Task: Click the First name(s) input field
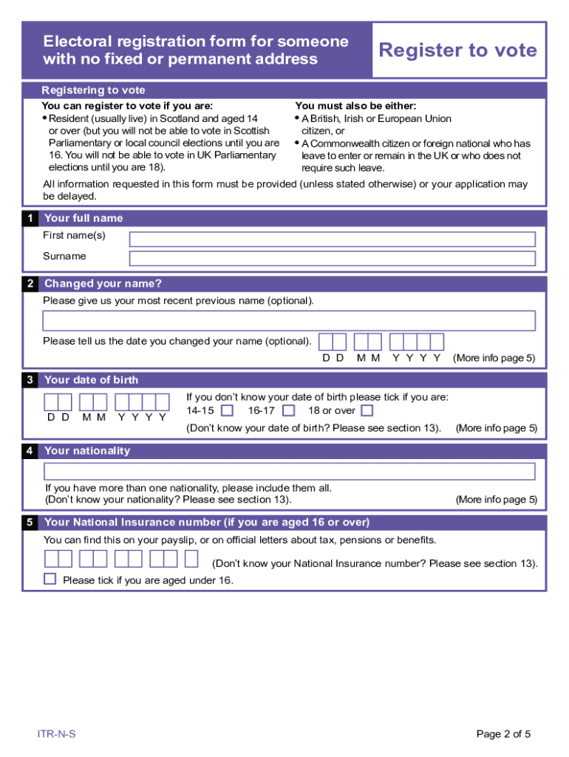[332, 240]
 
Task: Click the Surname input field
[332, 258]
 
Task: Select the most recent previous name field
[289, 321]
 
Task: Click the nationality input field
[289, 472]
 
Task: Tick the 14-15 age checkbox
[228, 410]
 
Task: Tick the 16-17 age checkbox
[289, 410]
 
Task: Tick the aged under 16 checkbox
[50, 579]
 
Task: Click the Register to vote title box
[458, 50]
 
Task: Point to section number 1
[30, 218]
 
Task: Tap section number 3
[30, 380]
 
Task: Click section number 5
[30, 523]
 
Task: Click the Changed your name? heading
[103, 284]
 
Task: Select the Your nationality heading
[87, 451]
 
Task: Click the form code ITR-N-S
[57, 734]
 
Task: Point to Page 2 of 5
[503, 734]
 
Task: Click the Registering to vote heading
[94, 90]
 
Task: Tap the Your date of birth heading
[92, 380]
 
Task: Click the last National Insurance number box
[191, 559]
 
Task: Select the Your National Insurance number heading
[207, 523]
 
